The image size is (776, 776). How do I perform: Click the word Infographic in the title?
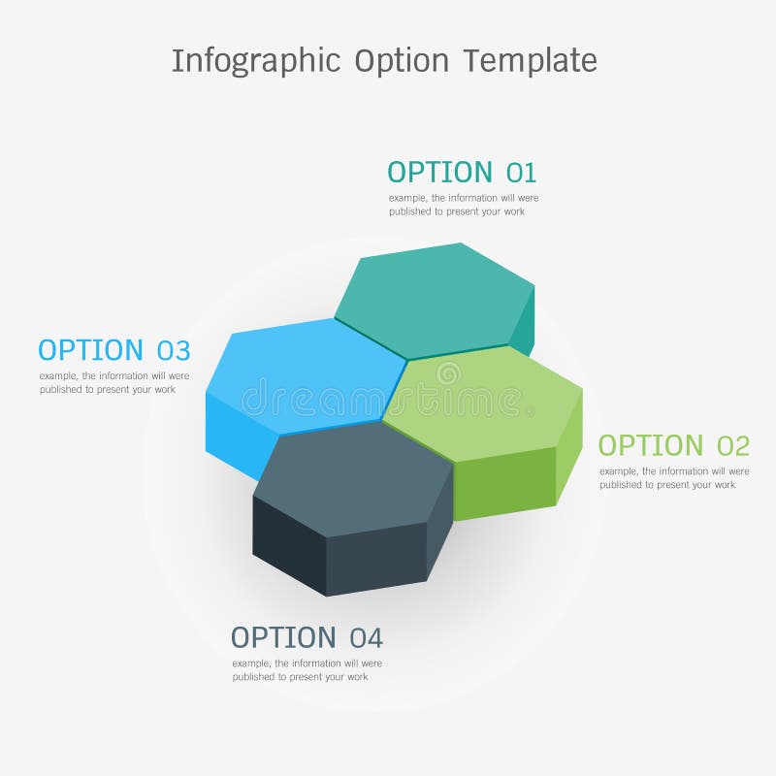256,60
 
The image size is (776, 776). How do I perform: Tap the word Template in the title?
529,60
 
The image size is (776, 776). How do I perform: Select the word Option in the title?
402,60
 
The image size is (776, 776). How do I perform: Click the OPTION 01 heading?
461,173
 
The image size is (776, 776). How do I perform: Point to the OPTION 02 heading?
673,446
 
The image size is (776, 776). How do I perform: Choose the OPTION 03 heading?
113,350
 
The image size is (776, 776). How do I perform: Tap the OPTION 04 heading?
307,638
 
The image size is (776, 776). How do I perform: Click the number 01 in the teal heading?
521,173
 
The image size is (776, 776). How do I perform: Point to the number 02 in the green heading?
733,446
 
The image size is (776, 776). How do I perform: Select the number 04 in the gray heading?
367,638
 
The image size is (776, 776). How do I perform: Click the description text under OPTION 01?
464,204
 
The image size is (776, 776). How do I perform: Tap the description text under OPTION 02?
674,477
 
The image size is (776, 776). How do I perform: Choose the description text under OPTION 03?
114,382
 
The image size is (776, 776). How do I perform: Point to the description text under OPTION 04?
307,670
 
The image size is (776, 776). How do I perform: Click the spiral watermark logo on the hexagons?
448,373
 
